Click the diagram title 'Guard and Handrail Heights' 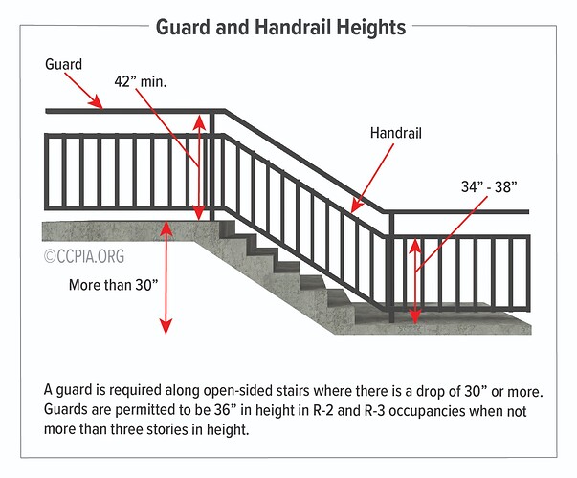point(280,28)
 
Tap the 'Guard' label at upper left point(63,64)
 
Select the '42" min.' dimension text point(141,81)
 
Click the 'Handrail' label point(395,133)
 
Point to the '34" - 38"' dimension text point(489,186)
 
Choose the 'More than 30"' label point(113,285)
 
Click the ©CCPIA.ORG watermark point(84,256)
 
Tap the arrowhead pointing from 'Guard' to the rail point(97,102)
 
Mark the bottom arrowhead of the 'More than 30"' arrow point(166,327)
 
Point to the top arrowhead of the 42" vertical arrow point(199,121)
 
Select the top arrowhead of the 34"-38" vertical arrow point(415,246)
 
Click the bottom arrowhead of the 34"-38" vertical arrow point(415,317)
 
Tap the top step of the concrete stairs point(227,228)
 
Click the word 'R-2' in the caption point(323,410)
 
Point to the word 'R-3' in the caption point(374,410)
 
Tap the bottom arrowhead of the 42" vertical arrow point(199,213)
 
